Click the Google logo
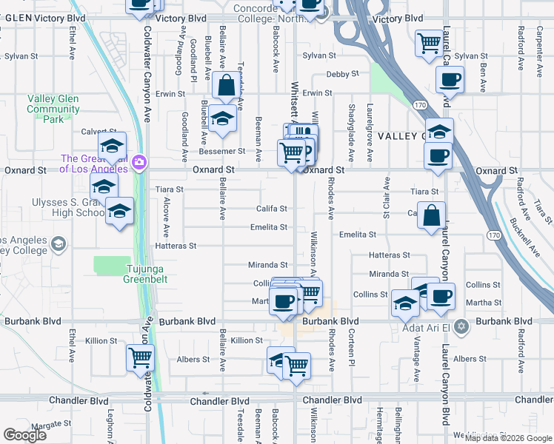click(x=24, y=435)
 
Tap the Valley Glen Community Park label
click(x=53, y=109)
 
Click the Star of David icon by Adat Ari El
click(x=461, y=326)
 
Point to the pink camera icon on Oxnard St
click(x=139, y=162)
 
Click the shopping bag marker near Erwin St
click(x=226, y=87)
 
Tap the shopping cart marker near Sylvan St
click(x=429, y=44)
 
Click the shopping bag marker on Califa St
click(x=432, y=216)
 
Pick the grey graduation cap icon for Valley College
click(x=57, y=243)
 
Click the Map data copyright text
click(x=508, y=437)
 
